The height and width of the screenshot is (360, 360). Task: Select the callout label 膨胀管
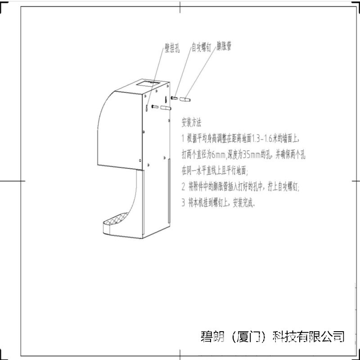[x=224, y=46]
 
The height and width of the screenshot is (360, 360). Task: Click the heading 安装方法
[x=191, y=122]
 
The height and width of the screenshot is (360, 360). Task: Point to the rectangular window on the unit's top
[x=149, y=84]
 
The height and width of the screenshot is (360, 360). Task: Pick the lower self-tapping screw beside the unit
[x=154, y=107]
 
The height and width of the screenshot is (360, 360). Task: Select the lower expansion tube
[x=165, y=108]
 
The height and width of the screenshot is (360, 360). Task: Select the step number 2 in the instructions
[x=183, y=187]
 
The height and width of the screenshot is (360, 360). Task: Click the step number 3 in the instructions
[x=183, y=203]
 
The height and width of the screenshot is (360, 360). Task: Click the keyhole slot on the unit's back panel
[x=165, y=100]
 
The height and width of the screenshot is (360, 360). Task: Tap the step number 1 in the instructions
[x=183, y=138]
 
